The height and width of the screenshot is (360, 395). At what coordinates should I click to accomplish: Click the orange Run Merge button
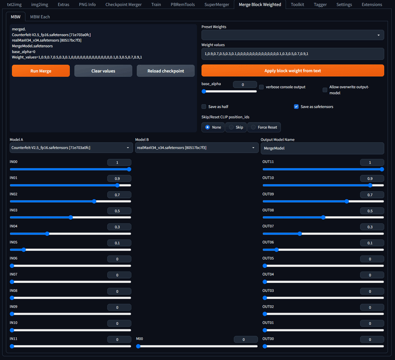tap(41, 71)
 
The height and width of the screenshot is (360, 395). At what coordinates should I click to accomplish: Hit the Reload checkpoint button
tap(166, 71)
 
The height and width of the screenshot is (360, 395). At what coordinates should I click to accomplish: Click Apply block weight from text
tap(292, 71)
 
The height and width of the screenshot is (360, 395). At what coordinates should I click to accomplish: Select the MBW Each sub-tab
tap(39, 16)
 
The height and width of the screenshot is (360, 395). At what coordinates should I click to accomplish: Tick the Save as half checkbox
tap(204, 106)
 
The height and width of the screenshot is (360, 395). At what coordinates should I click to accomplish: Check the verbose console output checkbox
tap(261, 87)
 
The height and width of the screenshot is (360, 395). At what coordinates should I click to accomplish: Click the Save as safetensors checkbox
tap(296, 106)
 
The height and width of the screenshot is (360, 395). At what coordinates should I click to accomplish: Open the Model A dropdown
tap(70, 148)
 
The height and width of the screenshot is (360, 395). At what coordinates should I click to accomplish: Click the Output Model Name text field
tap(322, 148)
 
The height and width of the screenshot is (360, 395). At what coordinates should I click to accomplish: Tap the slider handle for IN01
tap(117, 185)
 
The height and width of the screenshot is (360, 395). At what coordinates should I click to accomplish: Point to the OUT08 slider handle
tap(323, 217)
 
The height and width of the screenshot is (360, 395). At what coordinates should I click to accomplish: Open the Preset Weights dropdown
tap(292, 35)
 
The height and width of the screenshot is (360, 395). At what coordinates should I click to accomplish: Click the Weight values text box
tap(292, 54)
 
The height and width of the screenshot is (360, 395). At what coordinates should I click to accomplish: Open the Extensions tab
tap(371, 4)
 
